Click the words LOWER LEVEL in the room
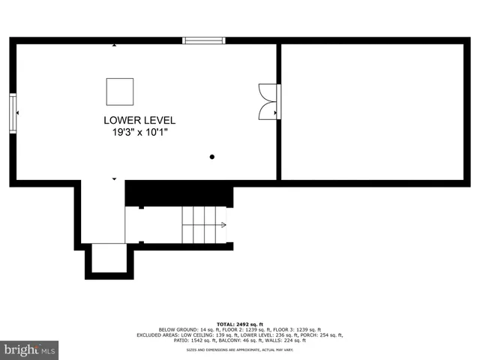(139, 120)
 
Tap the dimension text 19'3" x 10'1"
(139, 132)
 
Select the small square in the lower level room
(119, 91)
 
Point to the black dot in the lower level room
(212, 157)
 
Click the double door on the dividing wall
(268, 101)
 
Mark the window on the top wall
(204, 40)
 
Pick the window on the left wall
(13, 113)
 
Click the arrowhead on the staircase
(223, 224)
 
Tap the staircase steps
(202, 224)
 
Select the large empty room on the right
(372, 111)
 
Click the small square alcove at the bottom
(109, 259)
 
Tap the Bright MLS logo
(29, 349)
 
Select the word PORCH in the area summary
(307, 335)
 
